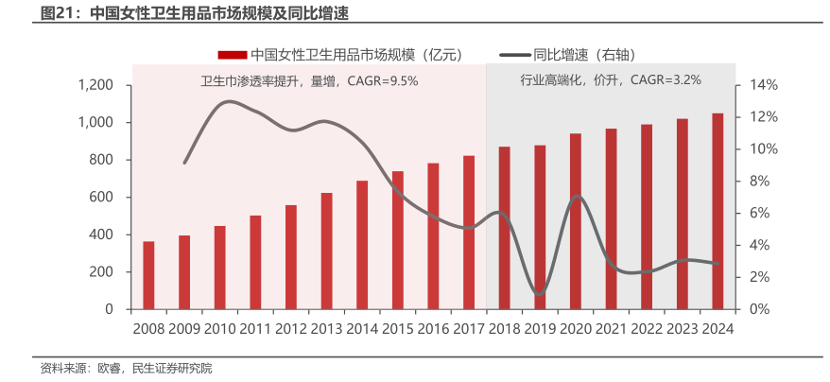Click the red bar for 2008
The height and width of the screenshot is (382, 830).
[148, 275]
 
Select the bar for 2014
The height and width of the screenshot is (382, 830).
[362, 245]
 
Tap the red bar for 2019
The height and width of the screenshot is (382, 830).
[540, 227]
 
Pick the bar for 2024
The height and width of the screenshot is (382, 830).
[718, 211]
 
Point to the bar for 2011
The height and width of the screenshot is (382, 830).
[255, 262]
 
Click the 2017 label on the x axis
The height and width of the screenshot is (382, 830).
[469, 328]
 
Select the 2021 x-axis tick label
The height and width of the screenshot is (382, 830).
[612, 328]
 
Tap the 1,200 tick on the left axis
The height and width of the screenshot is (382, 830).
[95, 85]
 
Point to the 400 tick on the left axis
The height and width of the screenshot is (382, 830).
[102, 234]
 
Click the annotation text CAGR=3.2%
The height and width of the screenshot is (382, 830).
[666, 80]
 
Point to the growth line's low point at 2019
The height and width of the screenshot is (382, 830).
[539, 295]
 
